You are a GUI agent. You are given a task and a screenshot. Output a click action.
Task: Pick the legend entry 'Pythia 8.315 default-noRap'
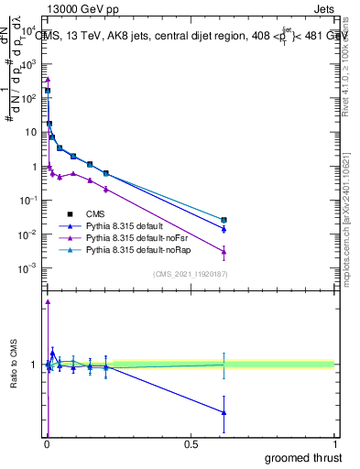click(x=137, y=249)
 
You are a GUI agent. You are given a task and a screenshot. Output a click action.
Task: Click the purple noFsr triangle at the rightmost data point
click(x=224, y=251)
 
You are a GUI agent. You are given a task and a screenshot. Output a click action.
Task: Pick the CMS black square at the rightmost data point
click(x=224, y=220)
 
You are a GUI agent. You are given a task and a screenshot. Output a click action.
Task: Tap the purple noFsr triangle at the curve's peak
click(x=48, y=80)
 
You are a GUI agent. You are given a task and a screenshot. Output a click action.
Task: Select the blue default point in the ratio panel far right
click(x=224, y=412)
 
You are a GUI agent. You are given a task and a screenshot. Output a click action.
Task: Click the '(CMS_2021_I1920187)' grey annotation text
click(x=189, y=273)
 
